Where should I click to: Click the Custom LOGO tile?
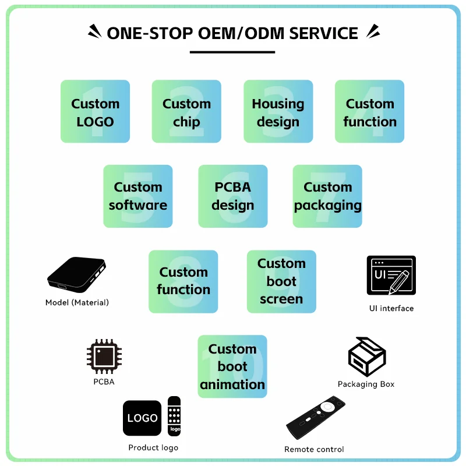[x=95, y=111]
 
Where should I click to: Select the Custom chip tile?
[x=186, y=111]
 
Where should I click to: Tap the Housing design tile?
[x=278, y=111]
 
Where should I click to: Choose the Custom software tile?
[x=138, y=196]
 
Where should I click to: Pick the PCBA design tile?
[x=232, y=196]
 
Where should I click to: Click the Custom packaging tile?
[x=327, y=196]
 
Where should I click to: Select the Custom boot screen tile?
[x=281, y=281]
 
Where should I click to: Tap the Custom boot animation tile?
[x=232, y=366]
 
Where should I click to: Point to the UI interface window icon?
[x=391, y=275]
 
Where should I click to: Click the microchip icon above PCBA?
[x=104, y=356]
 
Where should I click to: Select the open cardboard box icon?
[x=367, y=356]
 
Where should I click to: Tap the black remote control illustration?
[x=316, y=417]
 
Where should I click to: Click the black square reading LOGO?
[x=142, y=418]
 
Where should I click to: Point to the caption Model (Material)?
[x=77, y=302]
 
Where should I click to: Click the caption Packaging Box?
[x=366, y=384]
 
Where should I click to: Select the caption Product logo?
[x=153, y=447]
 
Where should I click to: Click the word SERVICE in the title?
[x=324, y=33]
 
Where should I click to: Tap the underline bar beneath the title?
[x=232, y=52]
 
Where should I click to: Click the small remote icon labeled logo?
[x=174, y=416]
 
